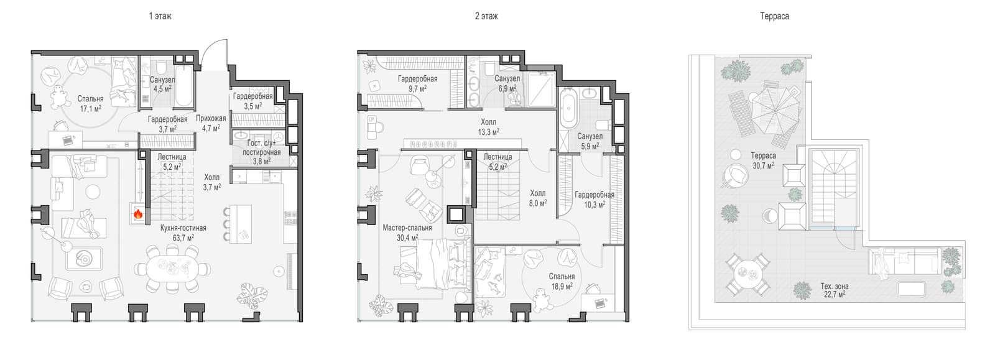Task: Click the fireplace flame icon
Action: point(138,215)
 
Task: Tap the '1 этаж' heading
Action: point(160,16)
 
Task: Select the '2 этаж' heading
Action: point(486,16)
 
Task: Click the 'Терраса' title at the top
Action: point(774,16)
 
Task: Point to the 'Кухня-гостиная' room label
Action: point(183,228)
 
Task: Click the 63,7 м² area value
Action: point(183,238)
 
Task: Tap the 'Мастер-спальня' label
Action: point(407,228)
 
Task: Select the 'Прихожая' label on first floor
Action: point(211,119)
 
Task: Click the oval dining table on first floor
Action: point(173,269)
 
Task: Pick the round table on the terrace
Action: point(748,274)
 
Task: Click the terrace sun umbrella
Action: point(775,111)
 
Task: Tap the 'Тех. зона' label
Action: point(835,286)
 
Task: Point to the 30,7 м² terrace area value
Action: point(764,165)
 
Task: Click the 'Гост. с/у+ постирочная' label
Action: point(262,148)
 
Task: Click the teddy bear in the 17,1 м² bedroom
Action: point(58,98)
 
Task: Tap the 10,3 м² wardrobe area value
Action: point(595,205)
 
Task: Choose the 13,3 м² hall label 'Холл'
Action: point(489,122)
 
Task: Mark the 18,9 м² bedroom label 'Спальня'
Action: point(562,277)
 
